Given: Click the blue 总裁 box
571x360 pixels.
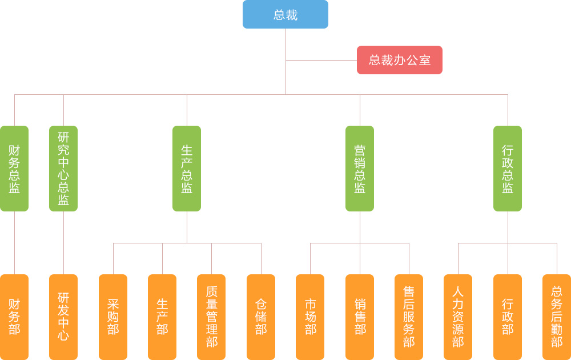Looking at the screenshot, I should coord(285,14).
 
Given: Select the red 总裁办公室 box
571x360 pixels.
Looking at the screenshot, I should coord(400,60).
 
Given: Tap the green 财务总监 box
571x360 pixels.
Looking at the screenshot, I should coord(14,169).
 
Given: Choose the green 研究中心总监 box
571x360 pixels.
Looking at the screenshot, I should coord(63,169).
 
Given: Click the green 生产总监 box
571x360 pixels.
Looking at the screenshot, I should coord(187,169).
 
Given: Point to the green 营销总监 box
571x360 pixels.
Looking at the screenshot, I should coord(360,169).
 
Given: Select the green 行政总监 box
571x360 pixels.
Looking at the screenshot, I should coord(508,169).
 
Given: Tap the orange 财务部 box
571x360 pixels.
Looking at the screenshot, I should coord(14,317).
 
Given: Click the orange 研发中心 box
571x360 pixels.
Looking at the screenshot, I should coord(63,317).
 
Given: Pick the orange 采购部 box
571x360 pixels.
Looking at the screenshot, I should coord(113,317).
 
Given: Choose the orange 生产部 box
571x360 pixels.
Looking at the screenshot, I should coord(162,317).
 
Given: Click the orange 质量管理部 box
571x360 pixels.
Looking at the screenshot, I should coord(211,317).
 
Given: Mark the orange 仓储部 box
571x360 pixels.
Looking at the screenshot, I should coord(261,317).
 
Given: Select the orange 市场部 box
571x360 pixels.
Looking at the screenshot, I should coord(310,317).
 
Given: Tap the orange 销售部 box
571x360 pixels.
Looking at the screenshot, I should coord(360,317).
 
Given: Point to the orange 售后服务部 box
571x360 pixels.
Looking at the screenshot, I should coord(409,317).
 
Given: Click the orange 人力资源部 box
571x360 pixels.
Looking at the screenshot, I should coord(458,317).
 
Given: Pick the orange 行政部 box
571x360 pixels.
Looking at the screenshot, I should coord(508,317).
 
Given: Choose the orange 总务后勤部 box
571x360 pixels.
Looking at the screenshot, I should coord(557,317).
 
